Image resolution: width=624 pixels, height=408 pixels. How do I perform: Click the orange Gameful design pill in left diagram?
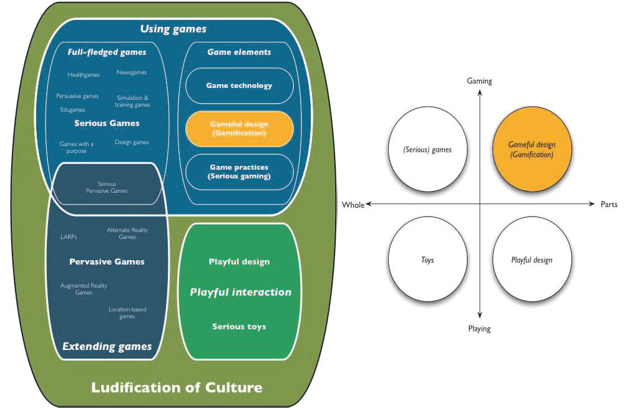tap(240, 129)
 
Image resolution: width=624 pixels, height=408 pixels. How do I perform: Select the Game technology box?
tap(240, 85)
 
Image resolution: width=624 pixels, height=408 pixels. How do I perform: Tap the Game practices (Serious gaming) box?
tap(240, 172)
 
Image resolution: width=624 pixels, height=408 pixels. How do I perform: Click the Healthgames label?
tap(84, 75)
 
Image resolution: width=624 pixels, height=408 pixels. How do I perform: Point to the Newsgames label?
tap(132, 72)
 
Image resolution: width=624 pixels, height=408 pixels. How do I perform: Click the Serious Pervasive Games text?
tap(107, 187)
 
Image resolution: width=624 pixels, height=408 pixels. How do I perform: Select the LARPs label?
tap(69, 236)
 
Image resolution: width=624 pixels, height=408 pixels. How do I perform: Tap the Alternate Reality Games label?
tap(127, 233)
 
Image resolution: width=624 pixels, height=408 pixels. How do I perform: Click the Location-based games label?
tap(127, 313)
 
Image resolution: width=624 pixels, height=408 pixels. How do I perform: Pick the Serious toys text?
tap(239, 326)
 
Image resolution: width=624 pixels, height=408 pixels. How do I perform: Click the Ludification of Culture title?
tap(177, 387)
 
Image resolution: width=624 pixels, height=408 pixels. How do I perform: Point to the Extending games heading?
tap(107, 346)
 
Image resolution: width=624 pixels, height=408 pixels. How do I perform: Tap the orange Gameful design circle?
tap(531, 150)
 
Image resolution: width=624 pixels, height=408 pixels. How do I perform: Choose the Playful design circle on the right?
tap(531, 260)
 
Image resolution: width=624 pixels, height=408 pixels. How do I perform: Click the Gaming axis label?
tap(479, 81)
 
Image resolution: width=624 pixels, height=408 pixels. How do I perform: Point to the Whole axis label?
tap(353, 205)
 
